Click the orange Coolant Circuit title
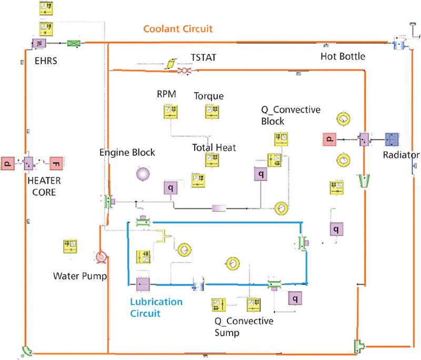tap(178, 29)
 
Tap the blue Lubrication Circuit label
tap(156, 307)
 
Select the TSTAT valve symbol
tap(185, 71)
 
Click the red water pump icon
tap(101, 257)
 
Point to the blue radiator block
tap(392, 139)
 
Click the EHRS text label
tap(46, 61)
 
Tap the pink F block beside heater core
tap(56, 164)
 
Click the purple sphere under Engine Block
tap(143, 174)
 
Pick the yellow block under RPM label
tap(171, 112)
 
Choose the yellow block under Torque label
tap(212, 112)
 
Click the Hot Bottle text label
tap(343, 56)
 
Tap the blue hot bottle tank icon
tap(399, 44)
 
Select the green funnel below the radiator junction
tap(364, 181)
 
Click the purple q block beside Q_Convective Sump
tap(295, 298)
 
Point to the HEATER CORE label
tap(44, 186)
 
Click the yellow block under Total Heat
tap(212, 159)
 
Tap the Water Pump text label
tap(80, 276)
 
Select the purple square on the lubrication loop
tap(143, 284)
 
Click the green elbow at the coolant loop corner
tap(27, 351)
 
